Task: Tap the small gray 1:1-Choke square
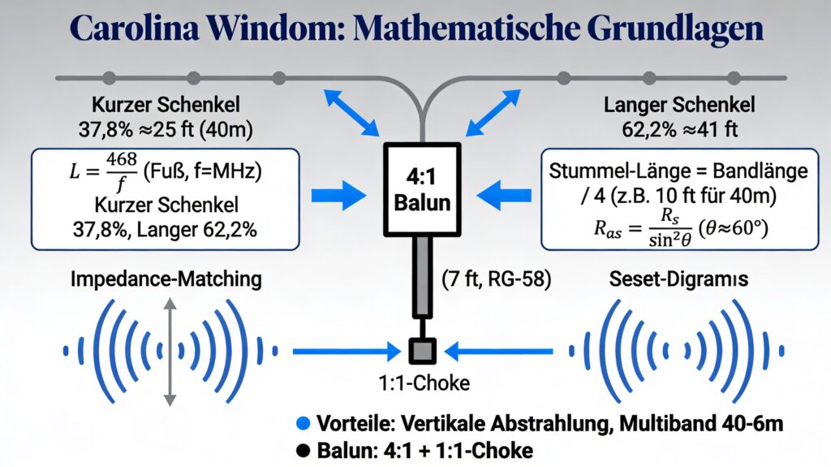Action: click(422, 352)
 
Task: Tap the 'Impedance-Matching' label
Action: click(166, 280)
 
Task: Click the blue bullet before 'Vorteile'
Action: click(304, 424)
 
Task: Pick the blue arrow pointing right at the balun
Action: click(338, 196)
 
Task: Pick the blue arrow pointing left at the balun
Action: click(506, 196)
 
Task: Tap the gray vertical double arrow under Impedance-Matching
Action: click(169, 352)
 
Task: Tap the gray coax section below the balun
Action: click(422, 276)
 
